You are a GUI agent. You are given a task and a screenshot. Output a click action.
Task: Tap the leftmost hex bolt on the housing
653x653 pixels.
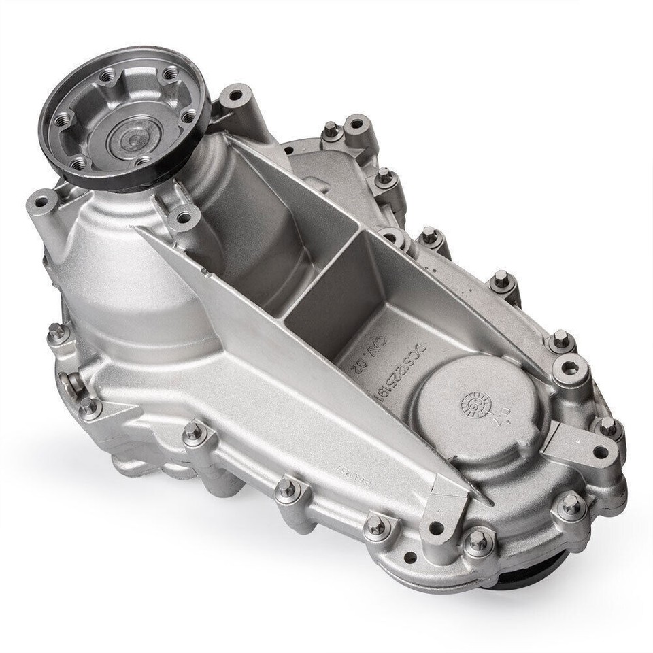(x=57, y=333)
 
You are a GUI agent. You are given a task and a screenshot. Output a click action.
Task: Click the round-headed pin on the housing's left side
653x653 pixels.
(x=69, y=383)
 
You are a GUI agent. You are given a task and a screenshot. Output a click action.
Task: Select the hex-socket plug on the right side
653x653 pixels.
(x=570, y=369)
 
